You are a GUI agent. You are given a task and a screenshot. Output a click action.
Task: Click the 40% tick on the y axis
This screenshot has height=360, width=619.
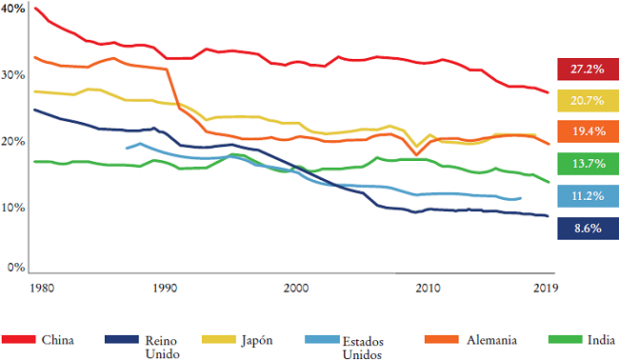[x=14, y=9]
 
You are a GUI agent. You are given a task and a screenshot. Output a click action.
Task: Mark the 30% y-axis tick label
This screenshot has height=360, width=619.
[x=14, y=74]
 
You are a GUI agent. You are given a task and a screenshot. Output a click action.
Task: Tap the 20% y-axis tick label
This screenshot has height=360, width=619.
[x=14, y=141]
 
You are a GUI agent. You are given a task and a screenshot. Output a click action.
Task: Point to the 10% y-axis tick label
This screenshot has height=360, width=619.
[x=14, y=207]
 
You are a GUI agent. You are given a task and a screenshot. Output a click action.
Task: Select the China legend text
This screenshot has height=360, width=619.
[x=58, y=338]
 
